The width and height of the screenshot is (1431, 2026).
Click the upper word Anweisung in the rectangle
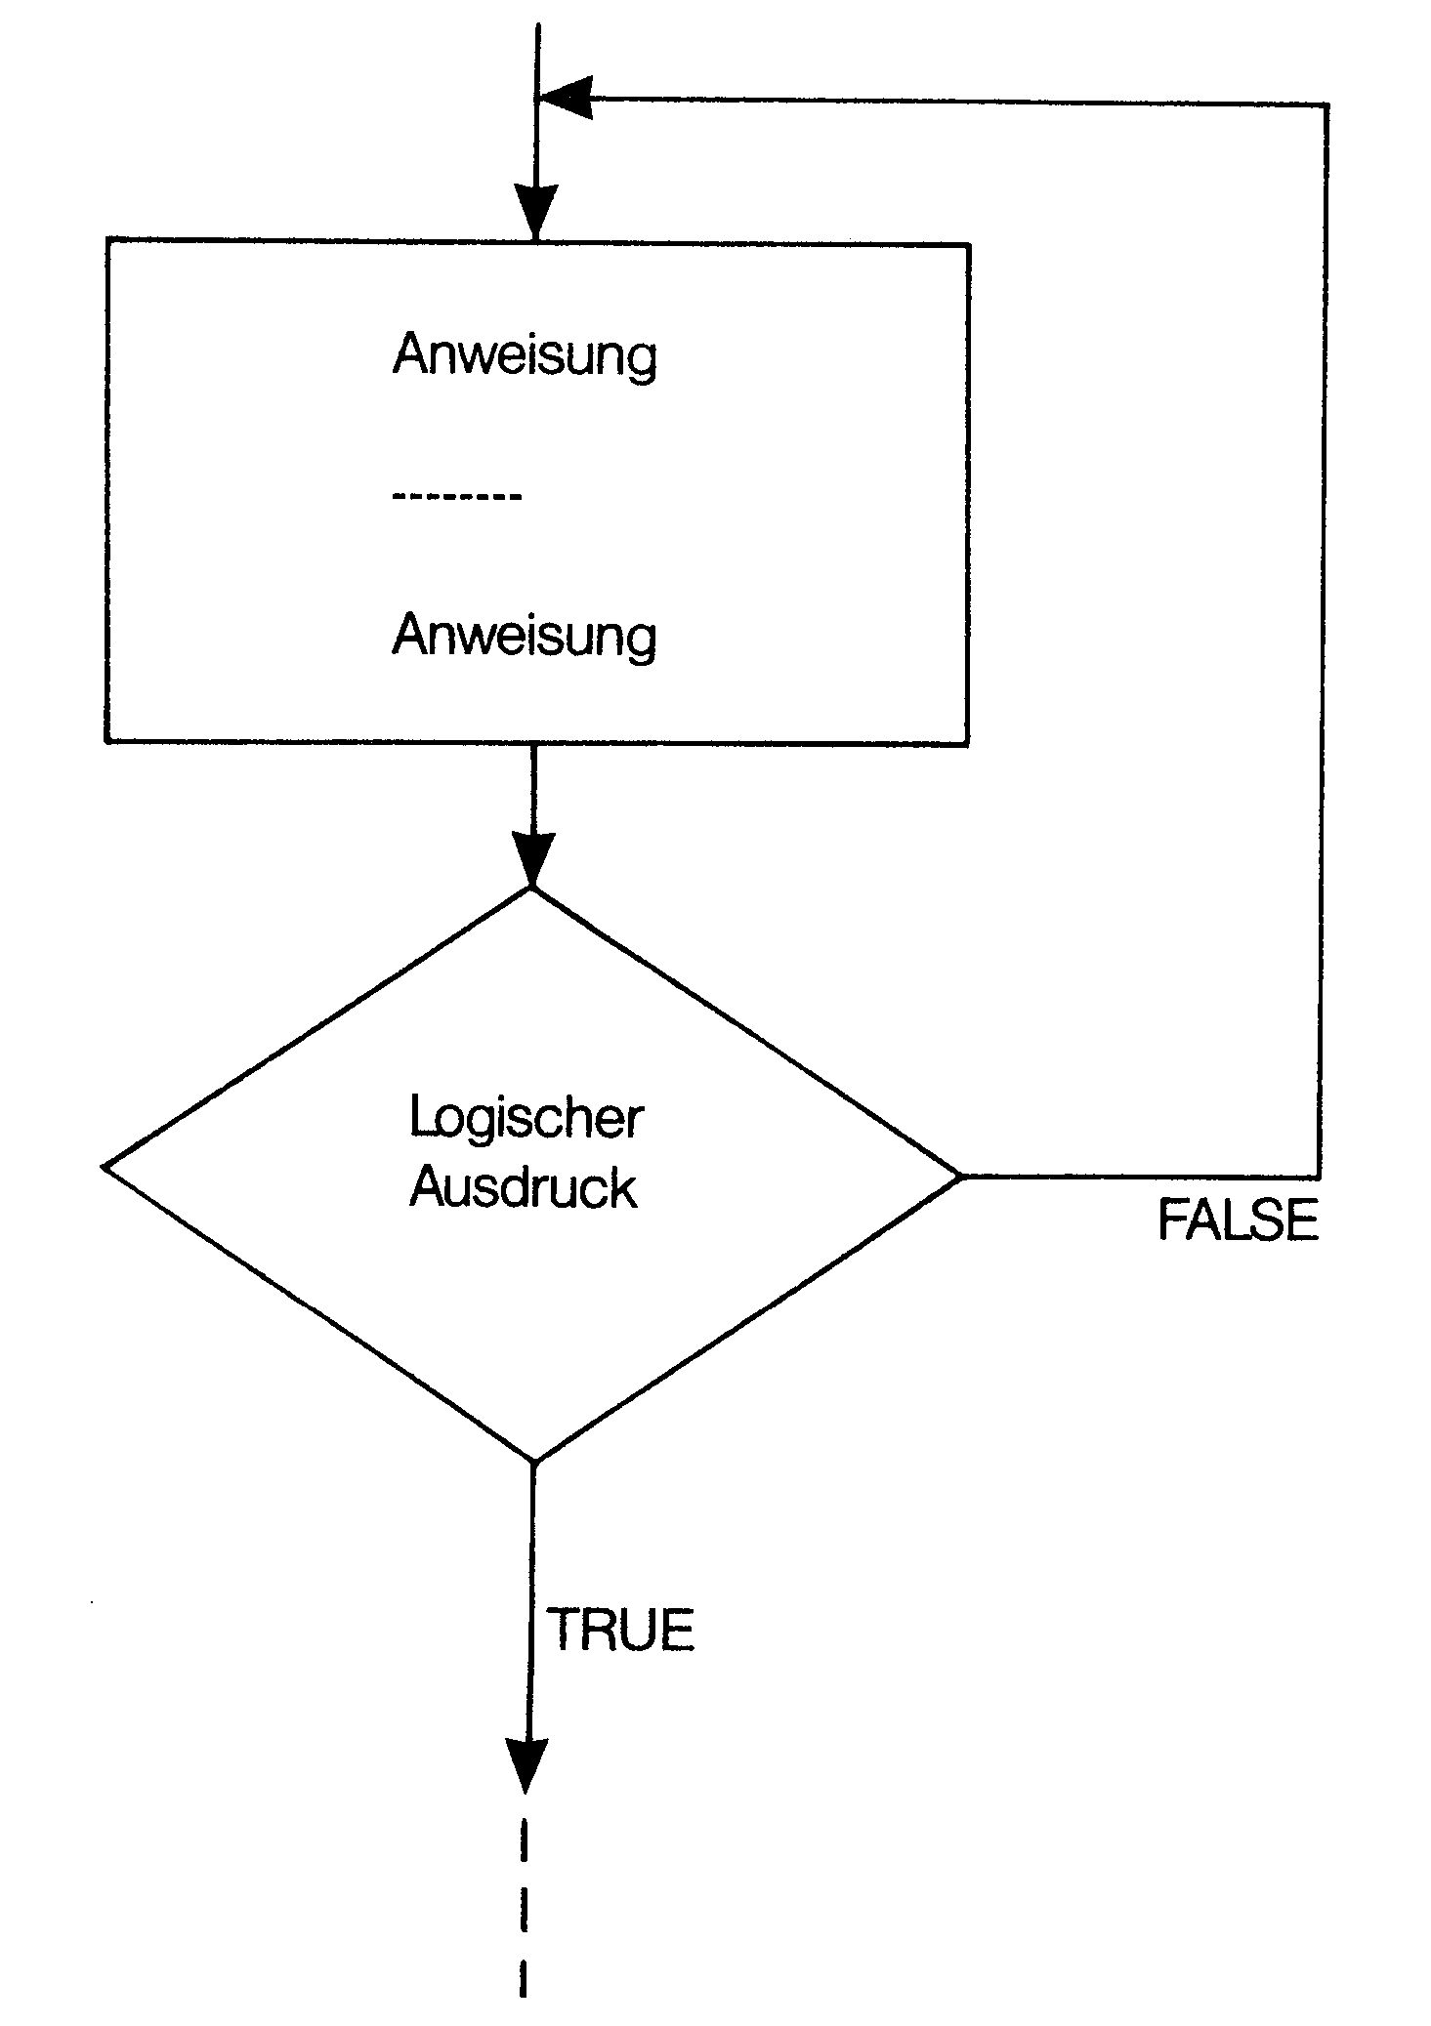point(525,354)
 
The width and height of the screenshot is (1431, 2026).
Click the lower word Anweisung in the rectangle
point(525,636)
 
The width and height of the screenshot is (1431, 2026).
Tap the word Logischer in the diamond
point(526,1119)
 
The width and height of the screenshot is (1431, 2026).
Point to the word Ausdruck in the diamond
point(523,1188)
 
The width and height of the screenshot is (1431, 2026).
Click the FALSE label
point(1238,1220)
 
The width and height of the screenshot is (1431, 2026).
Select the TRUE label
point(620,1630)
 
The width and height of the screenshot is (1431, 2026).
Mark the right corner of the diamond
point(961,1177)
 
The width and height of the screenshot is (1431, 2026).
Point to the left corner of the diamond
point(104,1167)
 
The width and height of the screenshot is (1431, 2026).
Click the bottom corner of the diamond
point(533,1462)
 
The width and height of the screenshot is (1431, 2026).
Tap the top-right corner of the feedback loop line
point(1326,103)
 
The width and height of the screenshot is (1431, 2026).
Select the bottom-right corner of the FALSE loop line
point(1321,1177)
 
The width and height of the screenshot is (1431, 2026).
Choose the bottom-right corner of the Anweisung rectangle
point(967,743)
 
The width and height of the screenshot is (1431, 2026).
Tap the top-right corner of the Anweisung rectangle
point(969,246)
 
